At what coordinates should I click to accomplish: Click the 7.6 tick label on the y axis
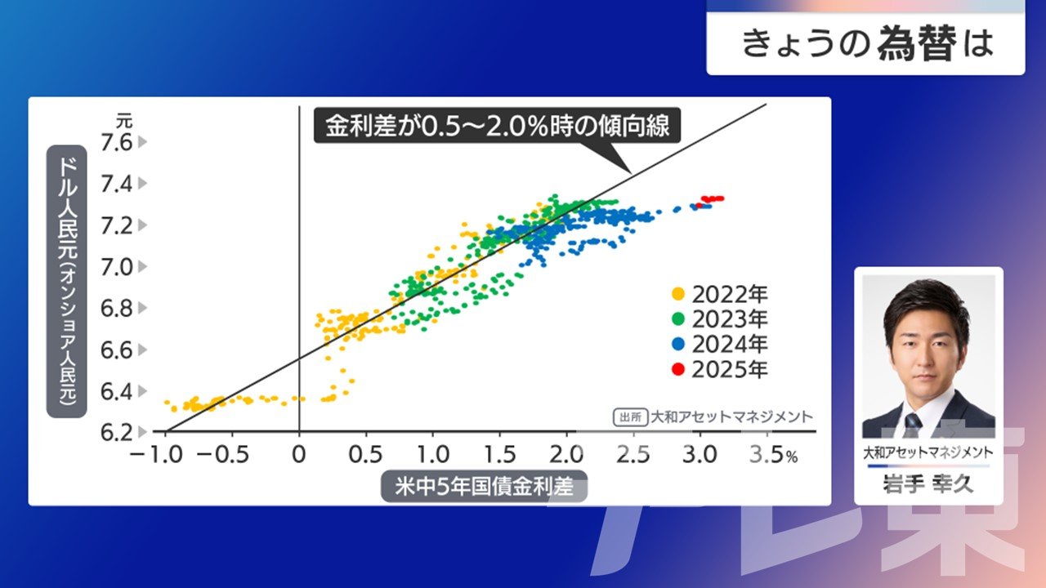click(117, 142)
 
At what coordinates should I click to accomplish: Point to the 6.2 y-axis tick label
click(117, 433)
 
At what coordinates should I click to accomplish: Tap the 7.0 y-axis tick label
click(117, 267)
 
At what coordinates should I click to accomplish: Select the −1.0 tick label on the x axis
click(155, 454)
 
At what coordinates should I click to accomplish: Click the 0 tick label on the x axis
click(299, 454)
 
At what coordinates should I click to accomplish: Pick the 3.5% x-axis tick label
click(773, 454)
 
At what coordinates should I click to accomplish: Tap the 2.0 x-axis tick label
click(566, 454)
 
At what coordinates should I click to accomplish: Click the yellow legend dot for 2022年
click(678, 294)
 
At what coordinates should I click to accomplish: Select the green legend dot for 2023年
click(678, 319)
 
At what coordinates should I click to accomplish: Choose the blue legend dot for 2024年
click(678, 345)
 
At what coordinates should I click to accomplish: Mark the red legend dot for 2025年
click(678, 370)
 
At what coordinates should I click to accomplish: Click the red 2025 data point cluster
click(712, 200)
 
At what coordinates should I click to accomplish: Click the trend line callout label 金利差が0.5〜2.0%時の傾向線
click(498, 126)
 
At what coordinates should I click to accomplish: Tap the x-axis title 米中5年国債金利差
click(485, 486)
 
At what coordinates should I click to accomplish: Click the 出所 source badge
click(630, 417)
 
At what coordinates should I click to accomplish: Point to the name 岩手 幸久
click(928, 484)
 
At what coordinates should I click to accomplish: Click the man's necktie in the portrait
click(912, 425)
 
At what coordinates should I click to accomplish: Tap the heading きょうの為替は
click(867, 43)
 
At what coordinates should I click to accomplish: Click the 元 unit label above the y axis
click(124, 122)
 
